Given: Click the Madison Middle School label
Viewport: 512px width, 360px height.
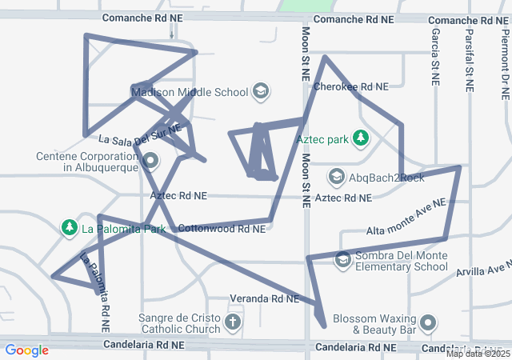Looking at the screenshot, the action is point(190,92).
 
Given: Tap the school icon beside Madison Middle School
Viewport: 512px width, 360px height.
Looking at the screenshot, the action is point(260,91).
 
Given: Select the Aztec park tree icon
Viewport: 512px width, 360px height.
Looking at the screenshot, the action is point(361,138).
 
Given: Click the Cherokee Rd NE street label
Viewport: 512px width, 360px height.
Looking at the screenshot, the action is point(351,86).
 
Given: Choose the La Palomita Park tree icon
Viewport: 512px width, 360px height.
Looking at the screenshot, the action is point(70,228).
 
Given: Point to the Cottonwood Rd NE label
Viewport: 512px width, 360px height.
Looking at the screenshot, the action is point(221,229).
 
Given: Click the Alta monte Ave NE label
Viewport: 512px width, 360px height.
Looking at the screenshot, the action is point(405,218).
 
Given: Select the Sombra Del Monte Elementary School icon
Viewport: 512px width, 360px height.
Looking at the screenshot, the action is point(342,259).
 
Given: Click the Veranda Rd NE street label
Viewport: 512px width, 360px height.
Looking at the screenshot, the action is point(264,298).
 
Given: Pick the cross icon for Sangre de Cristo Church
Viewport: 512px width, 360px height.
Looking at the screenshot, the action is point(232,322).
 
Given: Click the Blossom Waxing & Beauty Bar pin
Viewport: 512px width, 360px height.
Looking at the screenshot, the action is point(428,323).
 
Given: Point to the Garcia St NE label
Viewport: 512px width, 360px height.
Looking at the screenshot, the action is point(434,57).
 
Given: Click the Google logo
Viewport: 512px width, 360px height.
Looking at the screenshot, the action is point(26,350).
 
